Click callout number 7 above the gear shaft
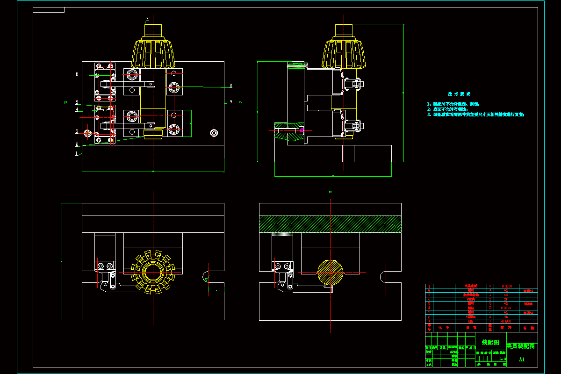click(x=147, y=19)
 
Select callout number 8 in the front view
click(x=230, y=86)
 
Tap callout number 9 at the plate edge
click(x=230, y=102)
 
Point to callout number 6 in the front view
click(x=77, y=74)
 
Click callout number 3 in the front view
click(x=77, y=131)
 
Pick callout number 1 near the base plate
click(x=77, y=153)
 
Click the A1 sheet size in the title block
click(x=522, y=360)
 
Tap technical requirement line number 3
click(x=476, y=115)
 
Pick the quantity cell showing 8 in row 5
click(x=490, y=303)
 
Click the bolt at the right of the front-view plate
click(x=214, y=133)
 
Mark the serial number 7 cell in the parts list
click(x=429, y=295)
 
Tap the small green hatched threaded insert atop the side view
click(x=296, y=65)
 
